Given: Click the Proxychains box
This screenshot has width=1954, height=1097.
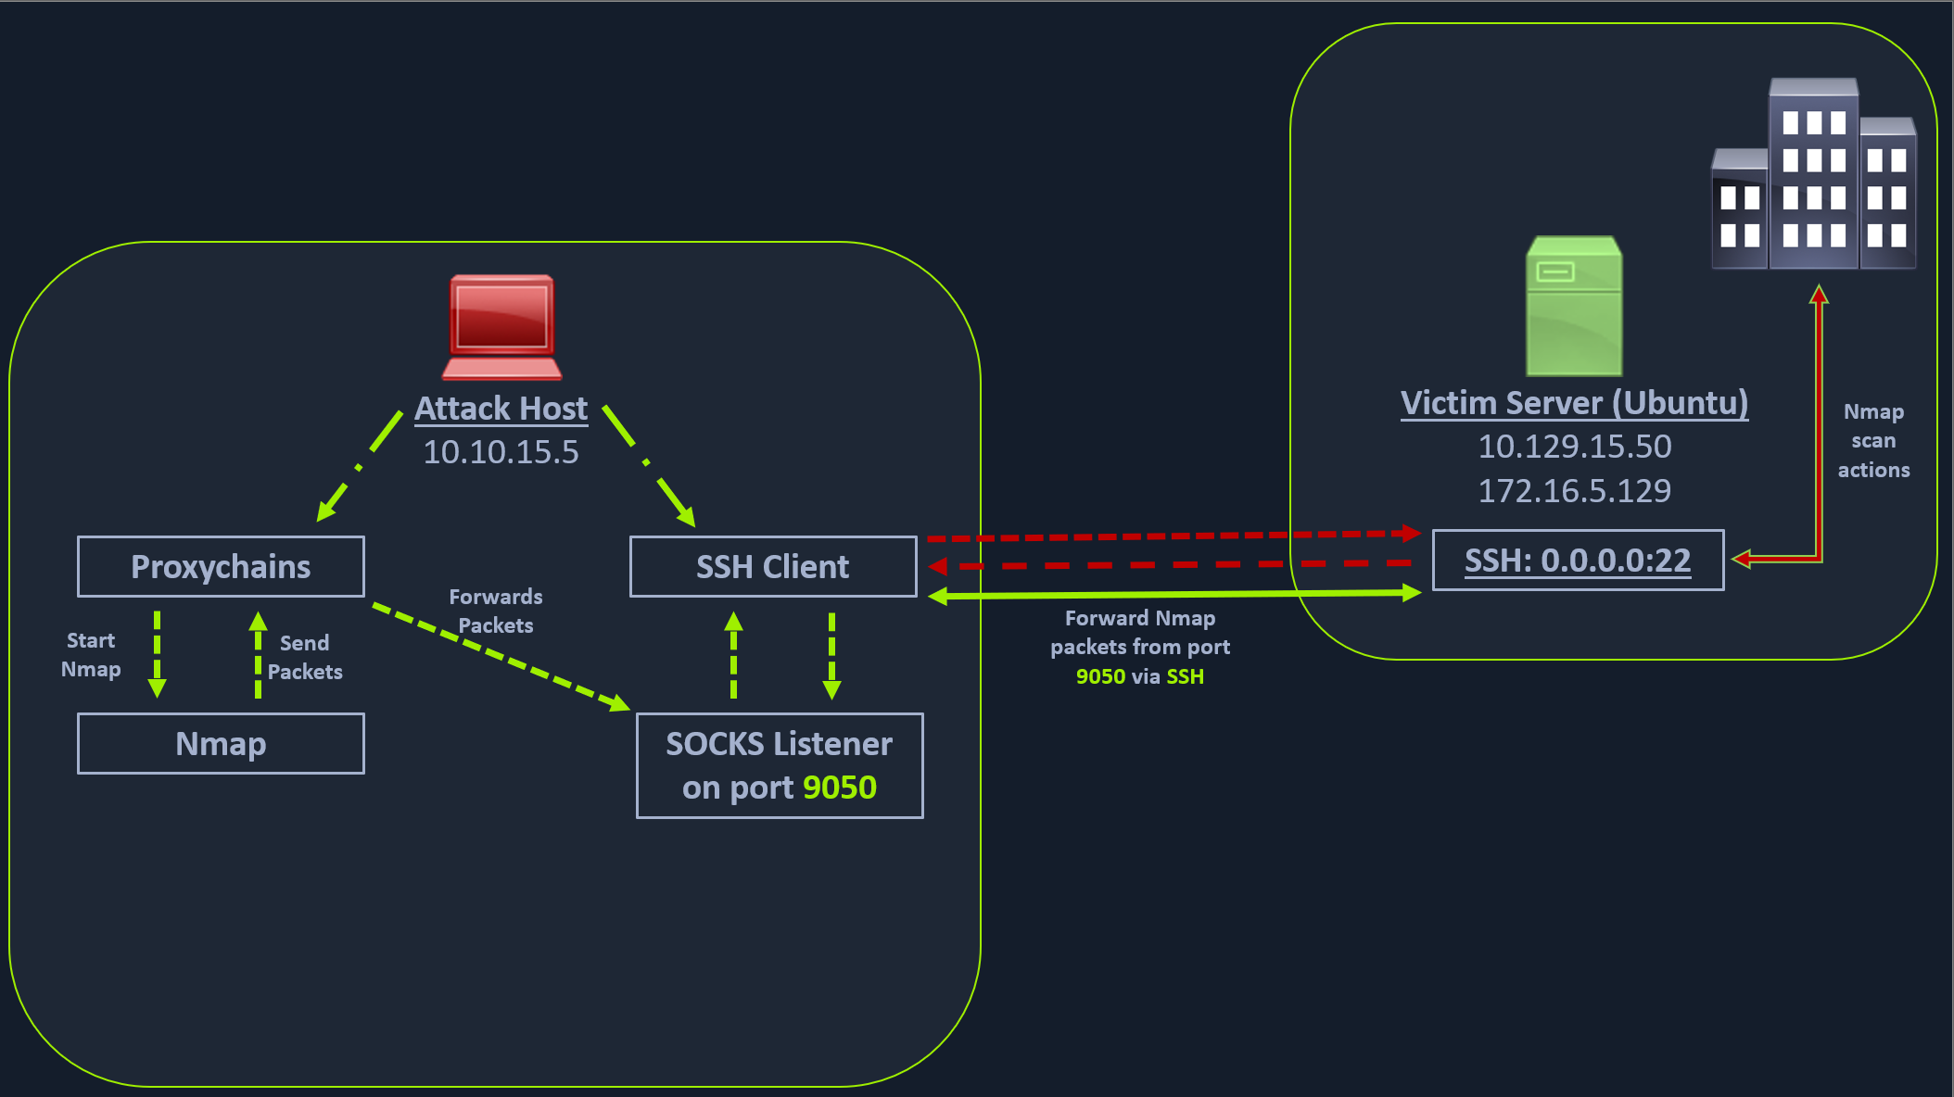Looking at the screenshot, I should (221, 566).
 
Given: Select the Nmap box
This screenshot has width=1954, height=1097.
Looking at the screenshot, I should (221, 743).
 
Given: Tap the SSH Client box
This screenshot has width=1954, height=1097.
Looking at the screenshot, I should (772, 566).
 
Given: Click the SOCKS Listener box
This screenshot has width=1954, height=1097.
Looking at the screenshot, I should (779, 765).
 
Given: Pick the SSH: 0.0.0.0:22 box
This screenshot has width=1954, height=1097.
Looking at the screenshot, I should (1577, 560).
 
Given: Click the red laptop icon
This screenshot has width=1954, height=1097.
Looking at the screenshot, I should (501, 327).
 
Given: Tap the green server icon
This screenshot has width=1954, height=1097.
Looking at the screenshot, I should (1573, 306).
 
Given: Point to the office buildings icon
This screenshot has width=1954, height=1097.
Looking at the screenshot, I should (1812, 175).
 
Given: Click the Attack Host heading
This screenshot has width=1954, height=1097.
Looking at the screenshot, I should (501, 409).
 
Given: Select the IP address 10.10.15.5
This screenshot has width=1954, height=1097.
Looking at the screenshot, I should (501, 452).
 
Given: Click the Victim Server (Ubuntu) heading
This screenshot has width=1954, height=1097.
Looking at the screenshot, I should (1574, 403).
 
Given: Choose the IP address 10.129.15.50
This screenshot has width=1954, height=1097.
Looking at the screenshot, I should (1574, 447).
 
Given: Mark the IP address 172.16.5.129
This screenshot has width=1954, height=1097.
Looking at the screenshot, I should (1574, 490).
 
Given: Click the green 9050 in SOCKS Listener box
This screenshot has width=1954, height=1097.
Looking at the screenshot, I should (839, 788).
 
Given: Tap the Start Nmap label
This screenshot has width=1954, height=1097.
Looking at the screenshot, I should (91, 655).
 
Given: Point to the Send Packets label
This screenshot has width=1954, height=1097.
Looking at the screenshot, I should (305, 657).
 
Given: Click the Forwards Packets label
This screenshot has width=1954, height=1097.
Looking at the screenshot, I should (496, 611).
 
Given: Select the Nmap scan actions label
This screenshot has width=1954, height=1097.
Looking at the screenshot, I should (1873, 441).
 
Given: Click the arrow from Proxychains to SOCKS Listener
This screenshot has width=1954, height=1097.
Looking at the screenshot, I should (501, 657).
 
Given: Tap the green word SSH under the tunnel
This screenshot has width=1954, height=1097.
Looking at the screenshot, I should (1185, 676).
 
